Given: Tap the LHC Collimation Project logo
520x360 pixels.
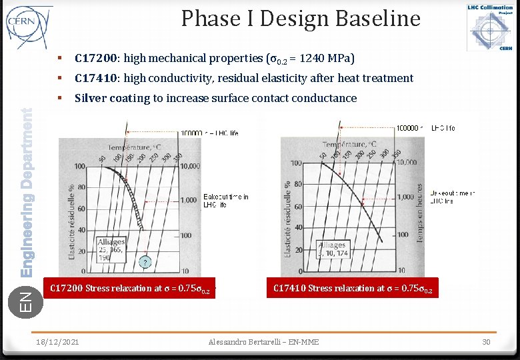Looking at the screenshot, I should pyautogui.click(x=490, y=27).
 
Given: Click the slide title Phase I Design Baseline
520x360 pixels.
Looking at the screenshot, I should pyautogui.click(x=301, y=19).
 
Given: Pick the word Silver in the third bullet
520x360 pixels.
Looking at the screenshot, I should pyautogui.click(x=91, y=98).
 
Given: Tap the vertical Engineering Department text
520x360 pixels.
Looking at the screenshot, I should pyautogui.click(x=27, y=193).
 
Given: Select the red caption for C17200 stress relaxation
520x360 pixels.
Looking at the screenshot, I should pyautogui.click(x=130, y=289).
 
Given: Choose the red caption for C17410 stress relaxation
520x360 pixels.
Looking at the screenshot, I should pyautogui.click(x=353, y=289).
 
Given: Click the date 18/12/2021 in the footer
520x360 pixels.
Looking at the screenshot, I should pyautogui.click(x=57, y=342).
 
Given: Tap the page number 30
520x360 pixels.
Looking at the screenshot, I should pyautogui.click(x=487, y=342).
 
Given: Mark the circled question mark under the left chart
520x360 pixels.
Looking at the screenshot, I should pyautogui.click(x=144, y=262).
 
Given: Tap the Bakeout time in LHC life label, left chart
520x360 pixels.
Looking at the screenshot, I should pyautogui.click(x=225, y=201).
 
